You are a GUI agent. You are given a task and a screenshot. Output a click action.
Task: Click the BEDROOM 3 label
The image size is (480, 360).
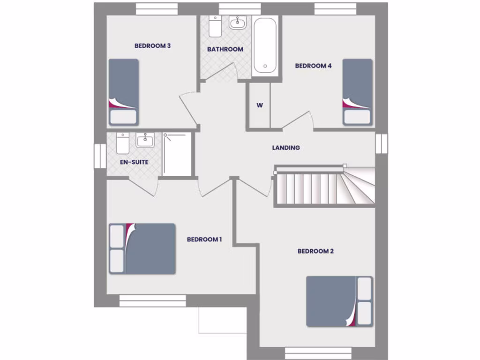click(152, 46)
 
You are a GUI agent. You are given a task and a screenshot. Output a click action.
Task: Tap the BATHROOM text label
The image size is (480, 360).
click(225, 49)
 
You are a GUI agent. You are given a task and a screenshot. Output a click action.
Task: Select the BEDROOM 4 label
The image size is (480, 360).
click(313, 66)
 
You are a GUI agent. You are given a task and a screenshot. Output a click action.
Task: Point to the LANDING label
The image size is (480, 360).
click(286, 148)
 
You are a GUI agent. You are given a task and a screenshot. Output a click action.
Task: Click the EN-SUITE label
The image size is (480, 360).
click(134, 162)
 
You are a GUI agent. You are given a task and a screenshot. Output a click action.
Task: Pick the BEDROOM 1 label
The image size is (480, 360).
click(204, 240)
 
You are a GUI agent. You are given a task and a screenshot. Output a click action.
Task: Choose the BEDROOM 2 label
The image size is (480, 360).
click(315, 251)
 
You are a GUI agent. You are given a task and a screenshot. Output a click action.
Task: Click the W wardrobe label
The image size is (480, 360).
click(259, 105)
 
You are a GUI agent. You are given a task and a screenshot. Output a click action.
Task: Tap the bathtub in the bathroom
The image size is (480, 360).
click(265, 45)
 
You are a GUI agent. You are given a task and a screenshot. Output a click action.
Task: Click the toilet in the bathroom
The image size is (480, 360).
click(216, 26)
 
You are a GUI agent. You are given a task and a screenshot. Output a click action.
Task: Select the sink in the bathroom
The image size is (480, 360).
click(238, 22)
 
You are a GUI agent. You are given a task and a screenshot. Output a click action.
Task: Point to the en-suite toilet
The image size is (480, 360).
click(123, 143)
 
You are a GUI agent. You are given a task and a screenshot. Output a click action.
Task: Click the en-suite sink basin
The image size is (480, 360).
click(145, 140)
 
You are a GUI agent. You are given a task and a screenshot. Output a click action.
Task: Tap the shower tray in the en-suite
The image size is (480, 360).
click(177, 154)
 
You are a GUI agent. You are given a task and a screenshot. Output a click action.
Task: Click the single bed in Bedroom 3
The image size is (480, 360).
click(124, 92)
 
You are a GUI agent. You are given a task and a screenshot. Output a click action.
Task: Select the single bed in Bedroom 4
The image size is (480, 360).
click(357, 92)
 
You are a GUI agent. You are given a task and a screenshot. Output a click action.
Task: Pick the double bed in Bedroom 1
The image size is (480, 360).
click(142, 248)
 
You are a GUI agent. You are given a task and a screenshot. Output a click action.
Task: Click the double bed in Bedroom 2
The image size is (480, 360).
click(339, 301)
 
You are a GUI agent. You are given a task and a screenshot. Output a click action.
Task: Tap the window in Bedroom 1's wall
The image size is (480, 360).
click(152, 300)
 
